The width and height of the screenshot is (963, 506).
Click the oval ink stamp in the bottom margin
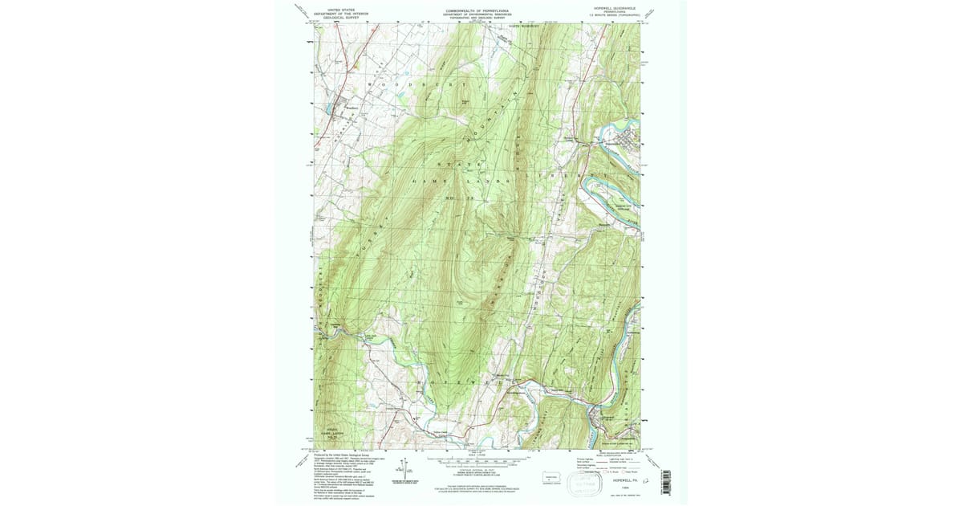(x=587, y=483)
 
